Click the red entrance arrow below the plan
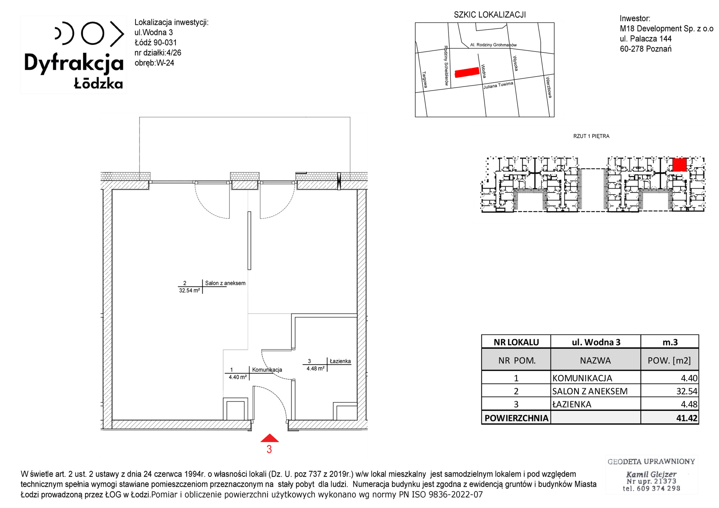[x=270, y=438]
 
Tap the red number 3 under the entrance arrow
[x=269, y=449]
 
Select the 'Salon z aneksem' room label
[x=225, y=283]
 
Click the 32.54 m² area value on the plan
[x=189, y=290]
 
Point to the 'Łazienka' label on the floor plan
[x=340, y=361]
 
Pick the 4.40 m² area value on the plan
[x=238, y=377]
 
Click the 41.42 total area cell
[x=687, y=418]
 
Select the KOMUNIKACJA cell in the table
[x=582, y=378]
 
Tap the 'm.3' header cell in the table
[x=670, y=342]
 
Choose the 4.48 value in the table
[x=689, y=404]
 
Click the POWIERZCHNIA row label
[x=516, y=418]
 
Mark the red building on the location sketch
[x=467, y=72]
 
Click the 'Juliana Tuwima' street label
[x=498, y=85]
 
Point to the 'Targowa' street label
[x=425, y=79]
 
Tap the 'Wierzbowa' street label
[x=549, y=87]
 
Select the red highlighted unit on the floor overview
[x=679, y=165]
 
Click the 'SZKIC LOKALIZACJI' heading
[x=490, y=15]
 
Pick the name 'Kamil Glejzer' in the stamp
[x=651, y=474]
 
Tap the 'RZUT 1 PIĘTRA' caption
[x=591, y=136]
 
